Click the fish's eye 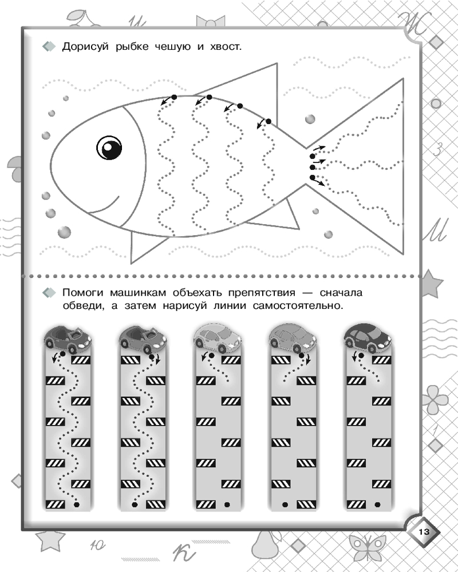[x=109, y=148]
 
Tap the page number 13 [x=424, y=531]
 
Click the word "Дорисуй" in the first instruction [x=85, y=47]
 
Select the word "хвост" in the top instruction [x=224, y=47]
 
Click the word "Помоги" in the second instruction [x=84, y=292]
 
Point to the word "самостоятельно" [x=298, y=305]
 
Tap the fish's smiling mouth [x=104, y=206]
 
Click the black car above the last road [x=367, y=337]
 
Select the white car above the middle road [x=218, y=338]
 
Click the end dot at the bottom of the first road [x=76, y=505]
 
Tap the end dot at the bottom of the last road [x=377, y=505]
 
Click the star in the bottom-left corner [x=50, y=541]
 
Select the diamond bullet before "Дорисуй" [x=49, y=46]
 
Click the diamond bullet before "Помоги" [x=49, y=292]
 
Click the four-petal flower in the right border [x=435, y=399]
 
